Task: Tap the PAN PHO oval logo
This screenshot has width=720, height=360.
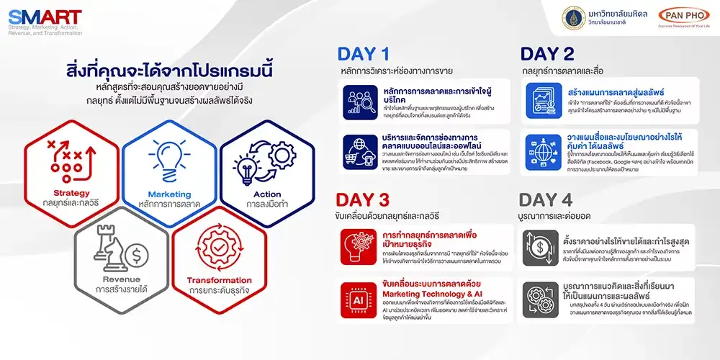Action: pyautogui.click(x=683, y=17)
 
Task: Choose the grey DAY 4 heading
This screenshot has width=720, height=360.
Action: pyautogui.click(x=546, y=199)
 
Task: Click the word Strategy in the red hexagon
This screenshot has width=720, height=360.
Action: pyautogui.click(x=71, y=192)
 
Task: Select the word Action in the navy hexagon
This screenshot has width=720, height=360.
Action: pyautogui.click(x=267, y=194)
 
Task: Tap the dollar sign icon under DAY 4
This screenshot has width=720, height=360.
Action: pyautogui.click(x=538, y=247)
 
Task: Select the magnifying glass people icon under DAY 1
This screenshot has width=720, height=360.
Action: pyautogui.click(x=358, y=101)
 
